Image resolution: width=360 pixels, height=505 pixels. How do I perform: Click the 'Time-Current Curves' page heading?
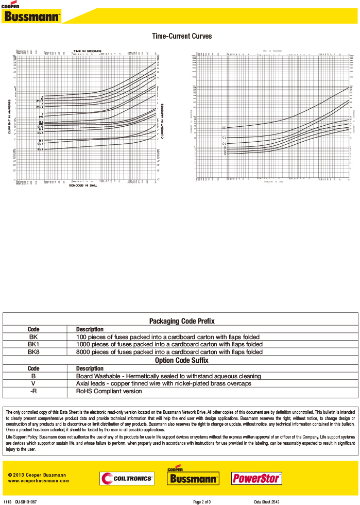pyautogui.click(x=182, y=37)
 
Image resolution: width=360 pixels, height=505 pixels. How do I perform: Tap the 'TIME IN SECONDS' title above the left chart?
pyautogui.click(x=87, y=51)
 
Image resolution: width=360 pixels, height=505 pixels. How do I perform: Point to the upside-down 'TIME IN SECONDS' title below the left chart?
pyautogui.click(x=87, y=185)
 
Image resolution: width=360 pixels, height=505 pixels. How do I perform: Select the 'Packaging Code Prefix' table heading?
pyautogui.click(x=182, y=321)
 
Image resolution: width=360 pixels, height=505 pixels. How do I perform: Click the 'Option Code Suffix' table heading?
pyautogui.click(x=182, y=360)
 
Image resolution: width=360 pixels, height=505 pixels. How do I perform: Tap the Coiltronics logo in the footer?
pyautogui.click(x=127, y=479)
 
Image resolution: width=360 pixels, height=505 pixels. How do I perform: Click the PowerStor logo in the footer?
pyautogui.click(x=256, y=479)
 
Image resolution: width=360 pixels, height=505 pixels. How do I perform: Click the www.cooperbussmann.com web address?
pyautogui.click(x=39, y=481)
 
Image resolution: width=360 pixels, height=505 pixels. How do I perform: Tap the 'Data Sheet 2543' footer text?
pyautogui.click(x=267, y=501)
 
